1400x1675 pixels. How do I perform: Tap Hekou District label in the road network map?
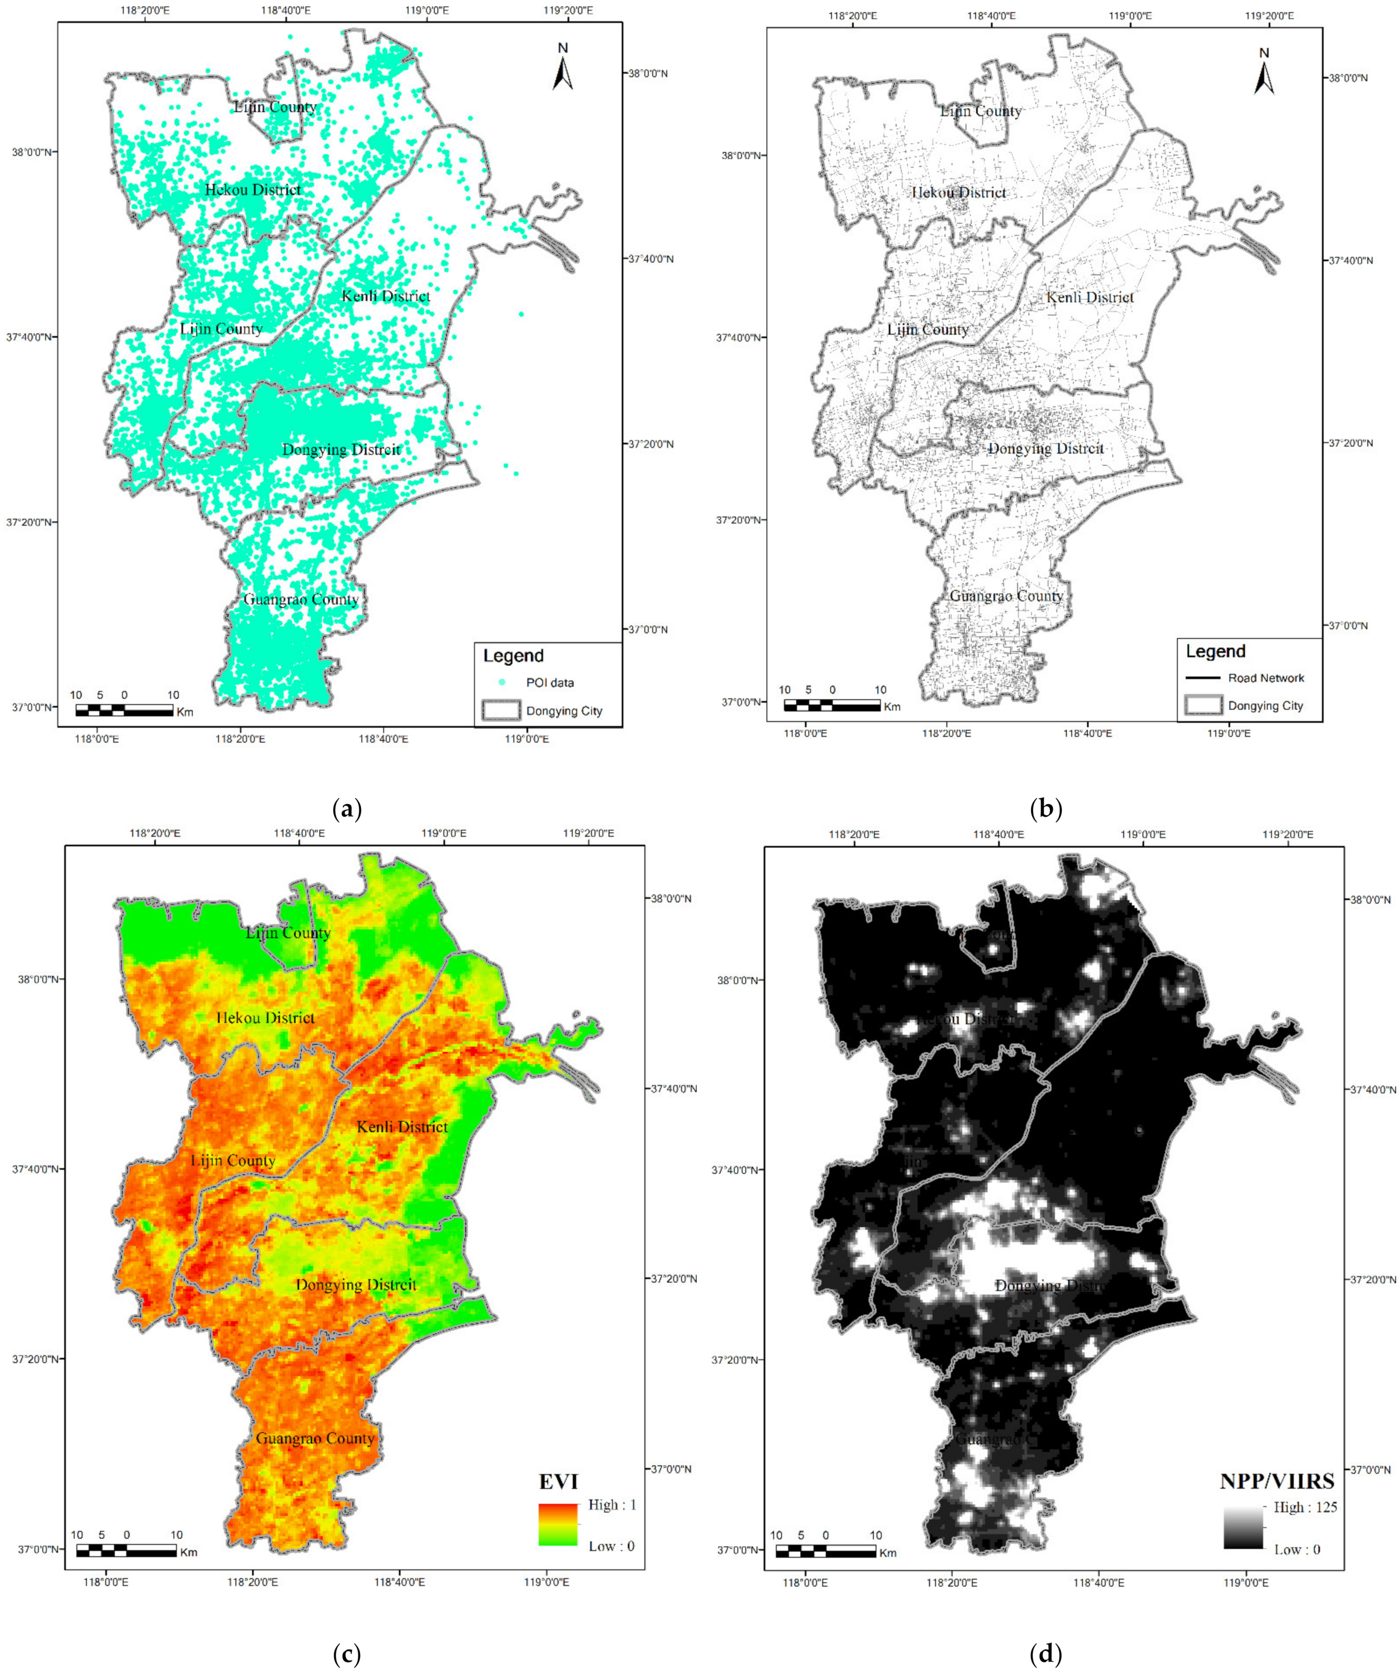coord(959,192)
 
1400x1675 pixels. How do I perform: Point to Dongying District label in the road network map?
coord(1046,448)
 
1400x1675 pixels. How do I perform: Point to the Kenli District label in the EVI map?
coord(402,1126)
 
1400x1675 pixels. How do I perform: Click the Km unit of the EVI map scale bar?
coord(188,1552)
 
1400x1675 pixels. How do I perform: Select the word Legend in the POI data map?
coord(513,656)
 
